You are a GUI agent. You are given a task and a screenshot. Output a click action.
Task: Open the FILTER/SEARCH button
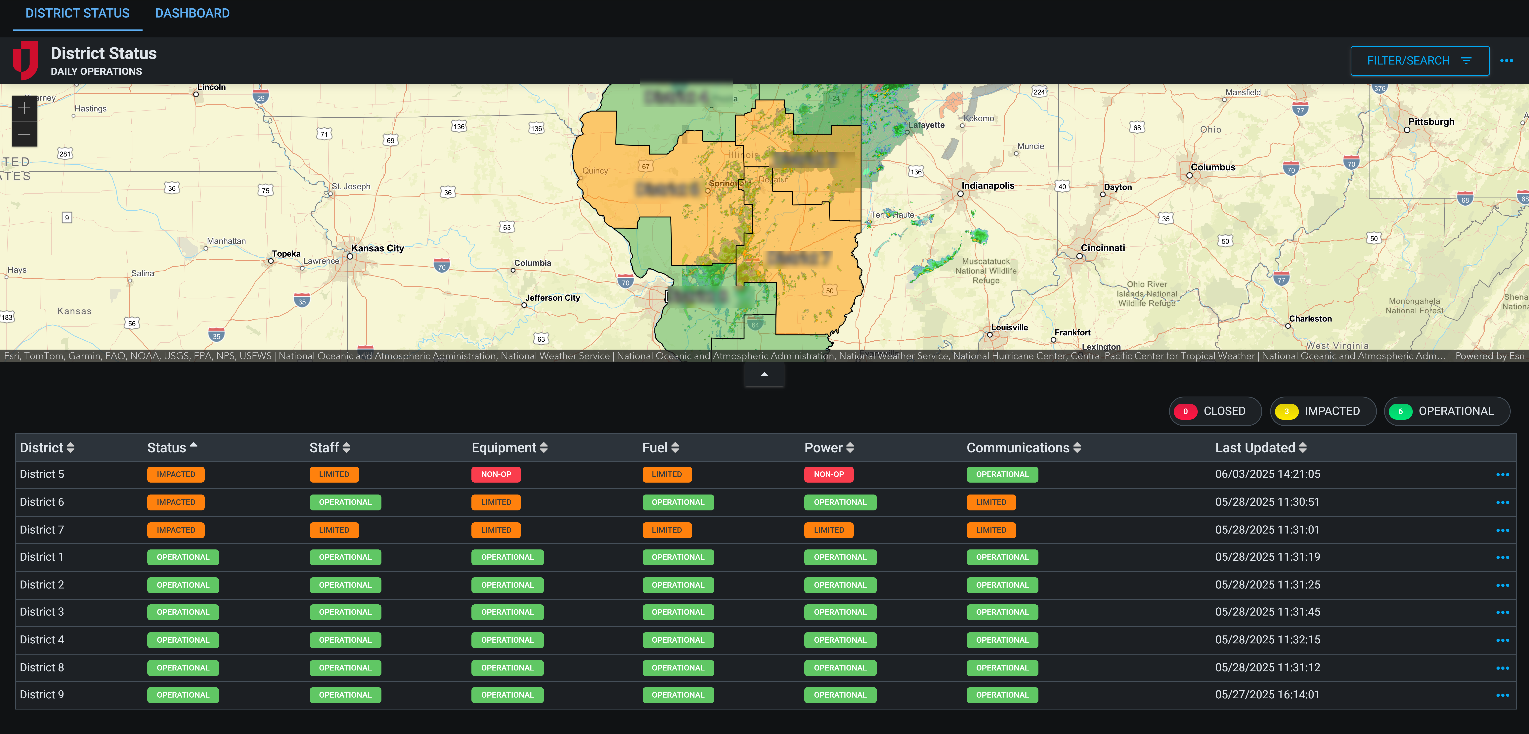(x=1419, y=61)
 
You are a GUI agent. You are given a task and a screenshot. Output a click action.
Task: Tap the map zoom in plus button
(x=24, y=108)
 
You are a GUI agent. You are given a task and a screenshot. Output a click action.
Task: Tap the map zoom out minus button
(x=24, y=134)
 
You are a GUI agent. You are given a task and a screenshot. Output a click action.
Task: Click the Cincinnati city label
(x=1102, y=248)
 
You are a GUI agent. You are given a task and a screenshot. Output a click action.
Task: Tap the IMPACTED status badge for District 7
(x=176, y=530)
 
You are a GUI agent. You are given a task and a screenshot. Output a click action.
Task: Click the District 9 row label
(x=42, y=695)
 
